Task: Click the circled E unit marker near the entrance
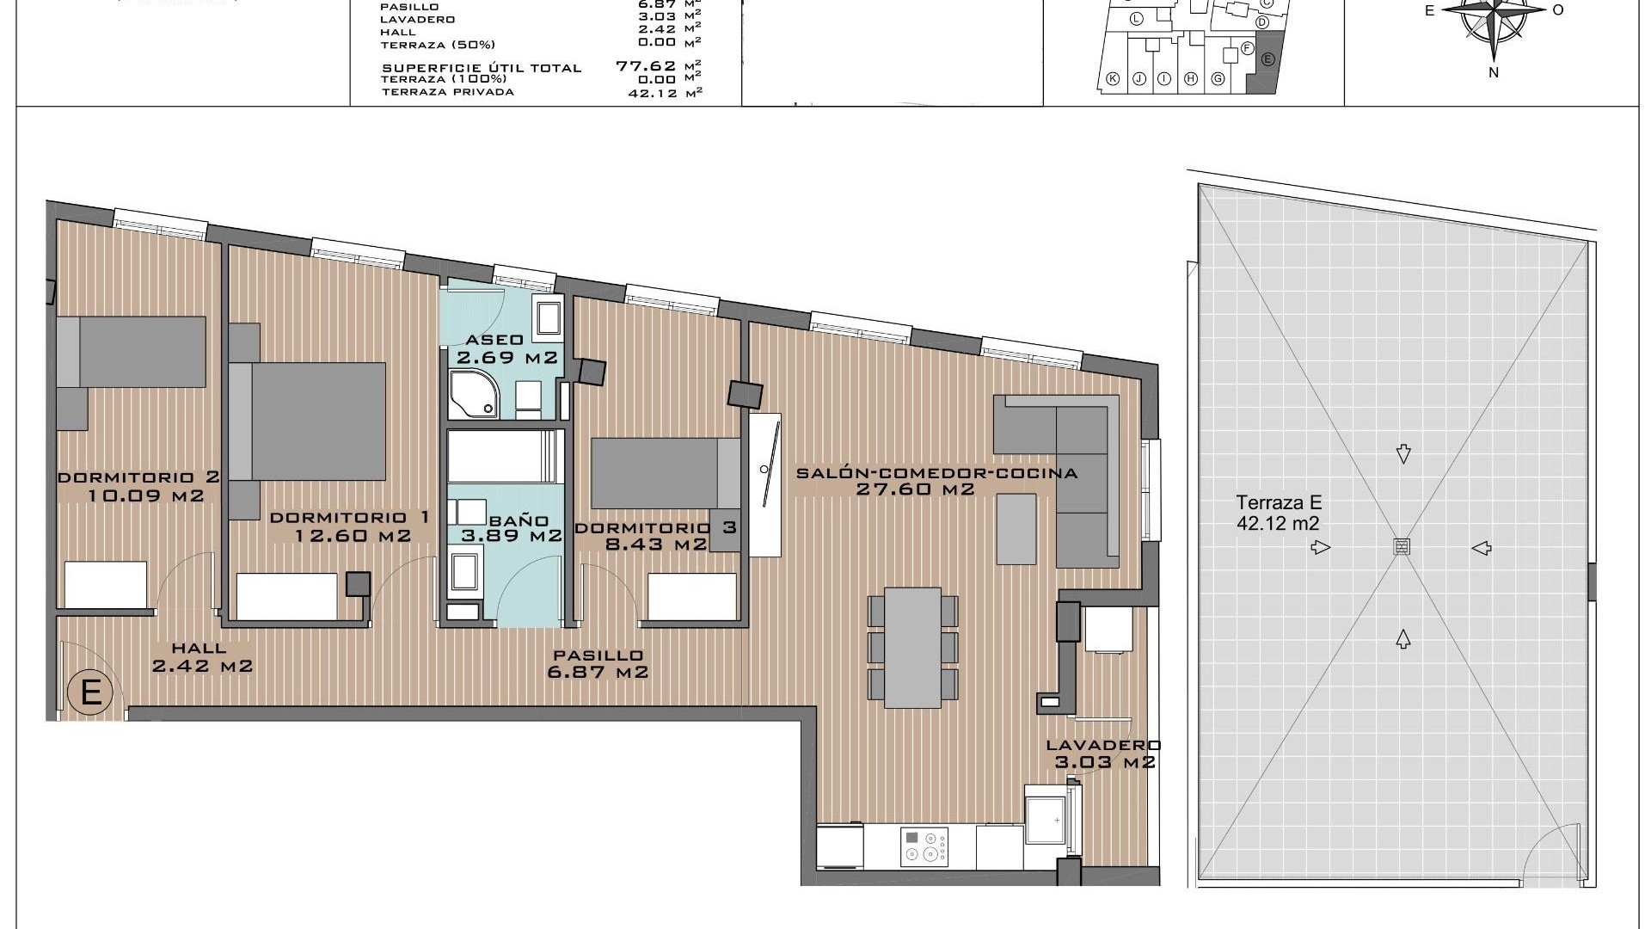[x=91, y=692]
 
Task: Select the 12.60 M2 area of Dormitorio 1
[x=353, y=536]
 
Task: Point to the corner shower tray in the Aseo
[x=473, y=396]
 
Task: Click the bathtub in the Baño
[x=504, y=456]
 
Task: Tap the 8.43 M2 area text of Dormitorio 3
[x=655, y=544]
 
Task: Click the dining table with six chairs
[x=913, y=647]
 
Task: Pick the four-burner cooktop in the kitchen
[x=924, y=846]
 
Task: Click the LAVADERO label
[x=1103, y=746]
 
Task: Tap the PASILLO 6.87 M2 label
[x=598, y=664]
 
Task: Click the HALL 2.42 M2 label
[x=201, y=657]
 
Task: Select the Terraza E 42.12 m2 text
[x=1278, y=514]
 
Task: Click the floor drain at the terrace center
[x=1402, y=547]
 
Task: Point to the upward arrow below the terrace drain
[x=1402, y=638]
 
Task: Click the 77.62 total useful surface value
[x=645, y=65]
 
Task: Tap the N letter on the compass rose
[x=1494, y=73]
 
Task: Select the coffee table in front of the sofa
[x=1017, y=528]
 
